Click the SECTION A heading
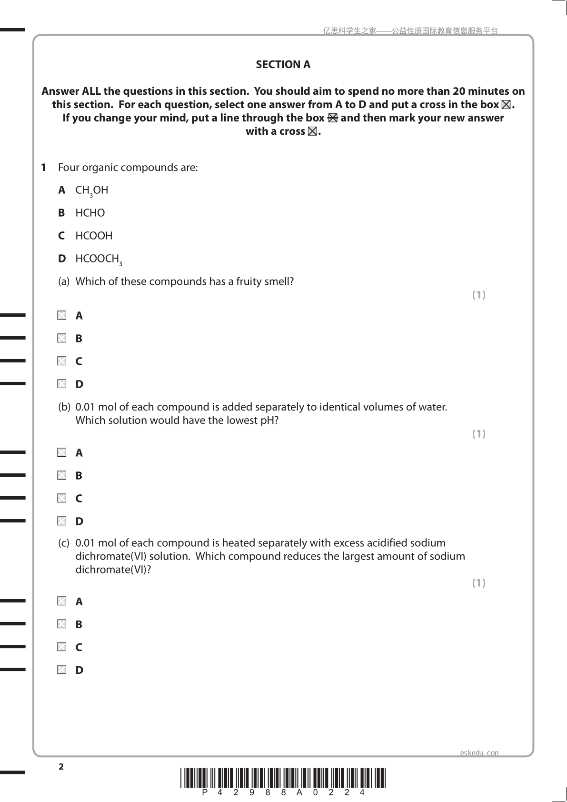pyautogui.click(x=283, y=65)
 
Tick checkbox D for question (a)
pyautogui.click(x=62, y=384)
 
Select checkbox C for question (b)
pyautogui.click(x=62, y=498)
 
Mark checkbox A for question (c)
pyautogui.click(x=62, y=601)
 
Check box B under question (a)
pyautogui.click(x=62, y=338)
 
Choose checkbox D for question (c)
pyautogui.click(x=62, y=670)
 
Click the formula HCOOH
pyautogui.click(x=94, y=236)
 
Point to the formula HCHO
pyautogui.click(x=90, y=213)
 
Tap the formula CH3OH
pyautogui.click(x=91, y=190)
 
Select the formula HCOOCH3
pyautogui.click(x=99, y=259)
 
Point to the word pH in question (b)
pyautogui.click(x=267, y=421)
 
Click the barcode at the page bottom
pyautogui.click(x=283, y=778)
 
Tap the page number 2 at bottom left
pyautogui.click(x=60, y=767)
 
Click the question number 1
pyautogui.click(x=43, y=168)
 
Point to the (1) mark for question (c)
pyautogui.click(x=478, y=583)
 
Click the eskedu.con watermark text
pyautogui.click(x=479, y=753)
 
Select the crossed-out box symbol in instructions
pyautogui.click(x=332, y=118)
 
